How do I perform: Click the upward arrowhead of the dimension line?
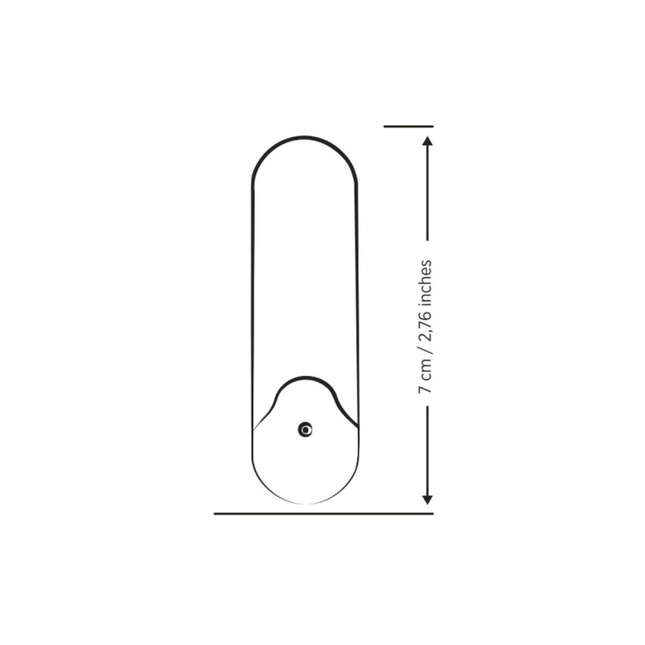[x=427, y=141]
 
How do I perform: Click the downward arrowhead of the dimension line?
[x=427, y=499]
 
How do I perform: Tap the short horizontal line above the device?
[x=409, y=127]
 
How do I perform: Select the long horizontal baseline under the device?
[x=323, y=514]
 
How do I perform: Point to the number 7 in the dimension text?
[x=425, y=389]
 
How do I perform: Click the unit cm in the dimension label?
[x=425, y=369]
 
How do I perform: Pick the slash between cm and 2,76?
[x=425, y=350]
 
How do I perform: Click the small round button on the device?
[x=305, y=430]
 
